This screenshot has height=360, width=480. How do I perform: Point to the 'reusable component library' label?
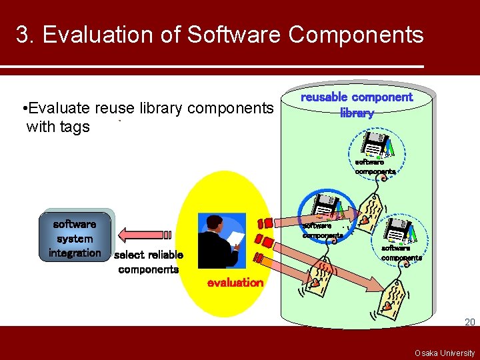pos(357,105)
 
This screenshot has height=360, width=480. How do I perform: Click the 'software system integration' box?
pos(75,238)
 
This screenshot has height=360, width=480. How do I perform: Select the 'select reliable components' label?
pos(148,262)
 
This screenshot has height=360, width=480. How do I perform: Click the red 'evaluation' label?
pos(235,282)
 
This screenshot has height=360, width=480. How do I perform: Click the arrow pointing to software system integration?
pos(144,234)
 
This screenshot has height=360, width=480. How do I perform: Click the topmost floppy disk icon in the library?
pos(375,145)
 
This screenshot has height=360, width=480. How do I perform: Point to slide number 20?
pos(469,322)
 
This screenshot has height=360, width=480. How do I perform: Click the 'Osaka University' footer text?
pos(445,353)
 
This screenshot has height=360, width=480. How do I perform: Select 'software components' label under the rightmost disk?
pos(401,253)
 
